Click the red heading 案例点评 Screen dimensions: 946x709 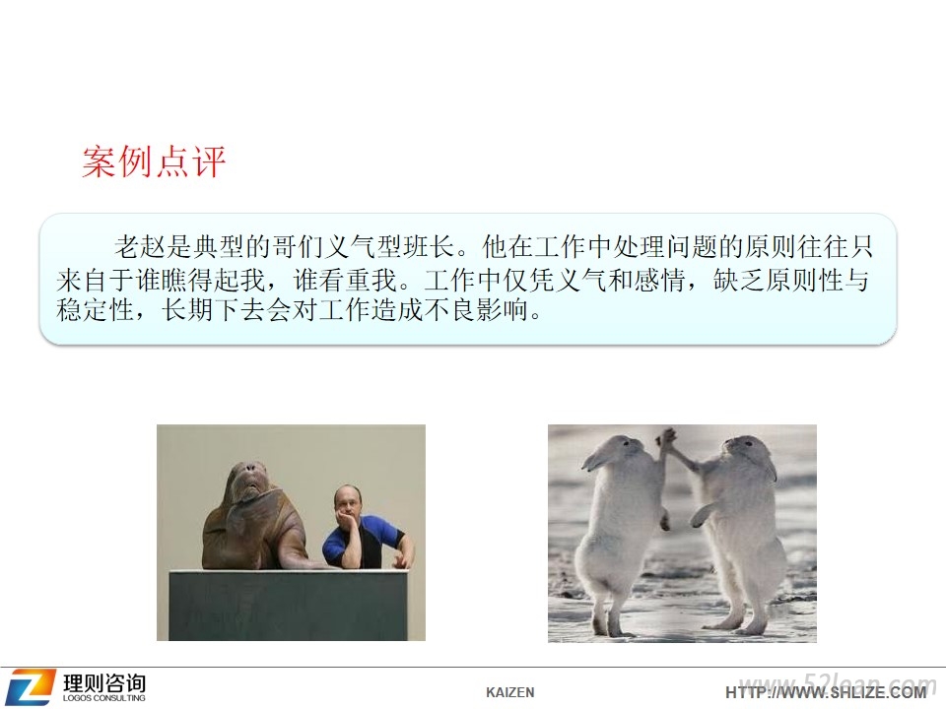(x=154, y=161)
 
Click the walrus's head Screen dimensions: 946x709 (x=247, y=482)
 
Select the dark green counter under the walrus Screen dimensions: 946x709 (x=291, y=605)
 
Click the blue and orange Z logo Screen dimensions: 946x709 (x=30, y=686)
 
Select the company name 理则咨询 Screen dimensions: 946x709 (x=104, y=682)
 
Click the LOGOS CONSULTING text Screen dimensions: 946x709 (x=103, y=698)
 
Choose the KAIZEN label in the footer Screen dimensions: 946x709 (x=509, y=692)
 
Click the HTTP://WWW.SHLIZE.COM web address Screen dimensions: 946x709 (x=826, y=692)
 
